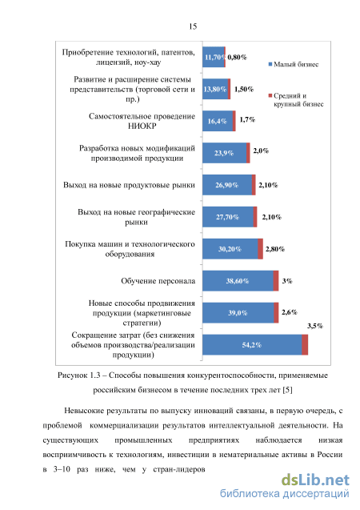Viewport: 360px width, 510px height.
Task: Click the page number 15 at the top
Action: tap(193, 26)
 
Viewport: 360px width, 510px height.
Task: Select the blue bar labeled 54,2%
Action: tap(252, 345)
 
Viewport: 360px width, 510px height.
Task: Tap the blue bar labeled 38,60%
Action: tap(238, 281)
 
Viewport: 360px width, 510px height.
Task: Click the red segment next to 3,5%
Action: tap(305, 345)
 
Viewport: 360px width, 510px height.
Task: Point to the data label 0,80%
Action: tap(237, 58)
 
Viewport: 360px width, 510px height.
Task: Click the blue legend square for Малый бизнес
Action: tap(270, 64)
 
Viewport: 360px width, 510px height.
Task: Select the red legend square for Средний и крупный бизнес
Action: tap(270, 95)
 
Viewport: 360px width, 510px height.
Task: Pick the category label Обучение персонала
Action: tap(158, 281)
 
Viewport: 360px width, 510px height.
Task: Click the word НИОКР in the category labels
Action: tap(142, 126)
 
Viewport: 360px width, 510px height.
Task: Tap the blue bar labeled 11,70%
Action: tap(214, 57)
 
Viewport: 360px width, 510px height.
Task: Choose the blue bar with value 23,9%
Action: tap(225, 153)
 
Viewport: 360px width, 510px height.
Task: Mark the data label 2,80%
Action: tap(275, 249)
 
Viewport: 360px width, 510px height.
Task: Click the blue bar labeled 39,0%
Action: tap(238, 312)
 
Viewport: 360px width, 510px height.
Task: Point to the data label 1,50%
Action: tap(244, 89)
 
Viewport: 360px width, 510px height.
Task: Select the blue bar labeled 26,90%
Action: tap(227, 185)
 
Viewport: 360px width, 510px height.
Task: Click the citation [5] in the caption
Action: tap(287, 390)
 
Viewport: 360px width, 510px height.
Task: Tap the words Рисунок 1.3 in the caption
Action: tap(79, 375)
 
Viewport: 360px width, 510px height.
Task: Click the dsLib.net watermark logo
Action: tap(315, 480)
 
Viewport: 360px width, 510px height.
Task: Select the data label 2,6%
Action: tap(289, 312)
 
